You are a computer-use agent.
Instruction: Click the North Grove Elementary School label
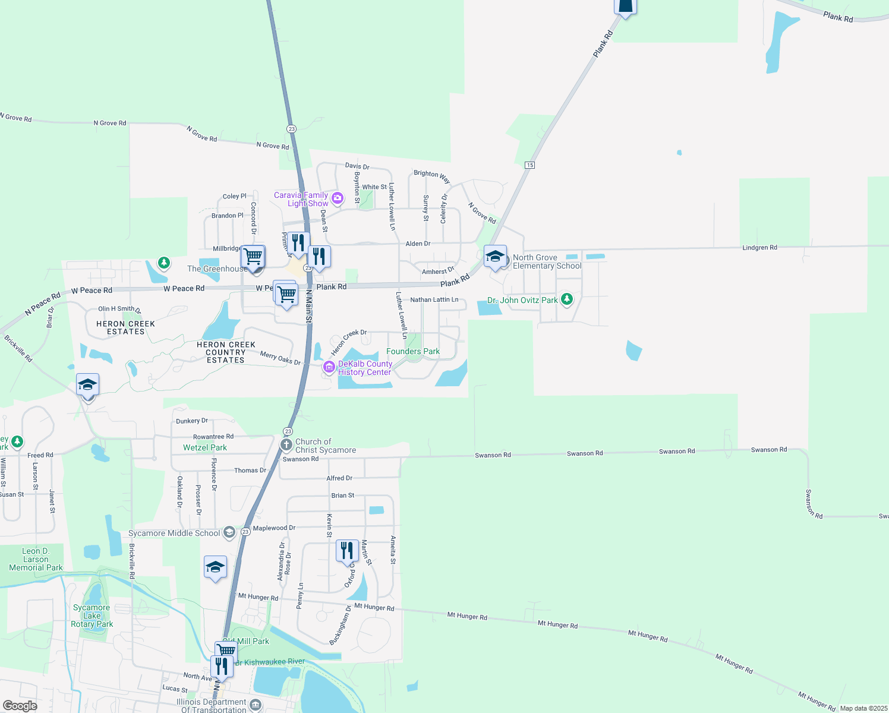(547, 261)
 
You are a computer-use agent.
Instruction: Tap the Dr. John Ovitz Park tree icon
(566, 299)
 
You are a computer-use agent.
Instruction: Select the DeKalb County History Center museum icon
(329, 368)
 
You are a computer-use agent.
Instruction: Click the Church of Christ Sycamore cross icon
(286, 444)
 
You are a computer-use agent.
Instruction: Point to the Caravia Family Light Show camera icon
(337, 198)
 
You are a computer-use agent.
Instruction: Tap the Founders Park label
(413, 352)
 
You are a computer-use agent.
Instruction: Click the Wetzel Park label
(205, 447)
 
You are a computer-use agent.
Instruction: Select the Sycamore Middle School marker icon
(229, 532)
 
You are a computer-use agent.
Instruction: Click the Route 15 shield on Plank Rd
(529, 165)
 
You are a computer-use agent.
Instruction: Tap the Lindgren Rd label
(759, 247)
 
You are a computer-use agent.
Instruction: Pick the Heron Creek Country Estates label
(226, 352)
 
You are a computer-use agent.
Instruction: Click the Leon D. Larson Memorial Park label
(36, 559)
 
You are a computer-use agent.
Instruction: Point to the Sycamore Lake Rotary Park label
(92, 616)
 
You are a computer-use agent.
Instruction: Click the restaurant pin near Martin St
(347, 551)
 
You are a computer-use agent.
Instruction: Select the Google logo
(20, 706)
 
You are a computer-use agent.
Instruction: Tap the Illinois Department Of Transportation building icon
(256, 705)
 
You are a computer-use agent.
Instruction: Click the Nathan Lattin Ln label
(434, 299)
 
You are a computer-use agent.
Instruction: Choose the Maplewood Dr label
(274, 528)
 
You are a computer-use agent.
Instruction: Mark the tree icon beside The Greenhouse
(164, 262)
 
